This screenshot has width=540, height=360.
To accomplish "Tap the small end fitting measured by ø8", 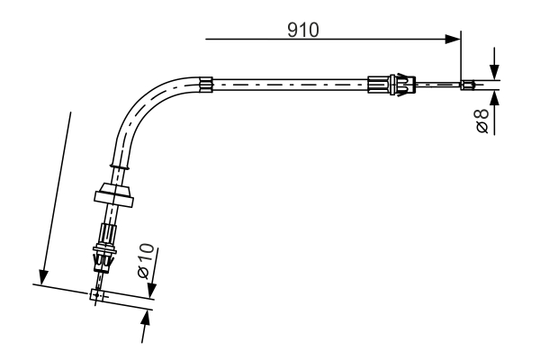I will coord(466,85).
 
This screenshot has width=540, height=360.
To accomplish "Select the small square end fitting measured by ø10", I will coord(97,294).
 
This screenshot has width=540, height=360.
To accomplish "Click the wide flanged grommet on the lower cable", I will coord(114,193).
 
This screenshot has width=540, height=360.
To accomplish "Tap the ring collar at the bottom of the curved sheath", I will coord(121,165).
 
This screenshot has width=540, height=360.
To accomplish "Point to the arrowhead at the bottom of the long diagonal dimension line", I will coord(40,277).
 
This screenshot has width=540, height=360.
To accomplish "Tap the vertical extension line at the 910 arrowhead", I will coord(460,54).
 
